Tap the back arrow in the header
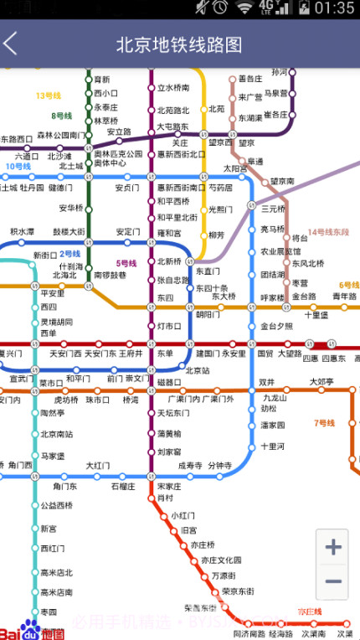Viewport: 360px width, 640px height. point(11,44)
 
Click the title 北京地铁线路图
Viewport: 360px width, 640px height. point(179,44)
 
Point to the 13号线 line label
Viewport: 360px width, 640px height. point(49,95)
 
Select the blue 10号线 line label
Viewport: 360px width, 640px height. point(18,167)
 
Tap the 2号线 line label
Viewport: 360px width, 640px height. point(69,254)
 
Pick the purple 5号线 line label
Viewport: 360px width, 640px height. point(126,264)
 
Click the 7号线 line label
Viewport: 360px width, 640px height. point(324,423)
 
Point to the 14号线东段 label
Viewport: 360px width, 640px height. point(327,232)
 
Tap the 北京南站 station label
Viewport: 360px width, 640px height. point(57,434)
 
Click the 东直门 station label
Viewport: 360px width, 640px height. point(208,271)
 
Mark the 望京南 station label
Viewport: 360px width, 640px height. point(282,181)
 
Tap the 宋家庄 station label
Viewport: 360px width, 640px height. point(169,486)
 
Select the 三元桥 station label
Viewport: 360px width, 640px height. point(274,209)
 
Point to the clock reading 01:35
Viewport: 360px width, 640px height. point(334,8)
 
